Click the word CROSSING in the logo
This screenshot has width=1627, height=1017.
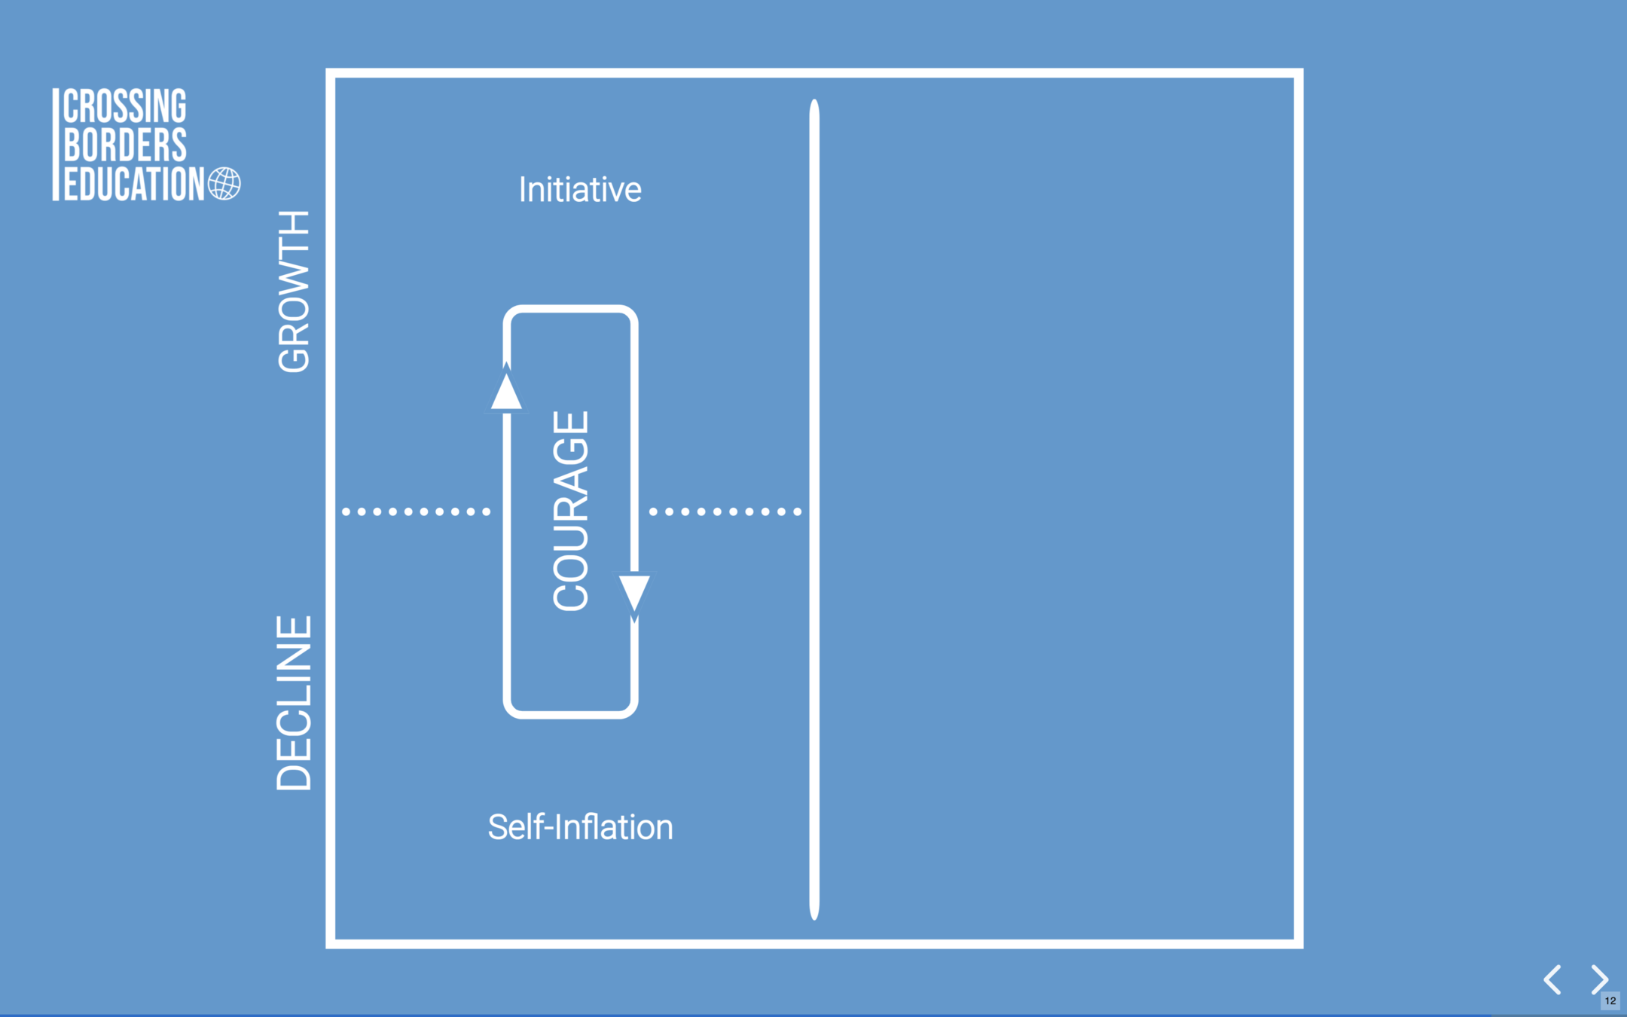click(124, 106)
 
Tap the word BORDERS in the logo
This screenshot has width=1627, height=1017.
click(124, 145)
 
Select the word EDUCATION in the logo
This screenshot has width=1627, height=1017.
click(133, 184)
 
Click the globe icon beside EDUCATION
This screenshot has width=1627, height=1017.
click(224, 184)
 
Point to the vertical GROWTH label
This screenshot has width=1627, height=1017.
click(294, 292)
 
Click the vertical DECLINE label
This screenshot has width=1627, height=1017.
click(294, 703)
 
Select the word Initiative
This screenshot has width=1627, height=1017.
click(580, 190)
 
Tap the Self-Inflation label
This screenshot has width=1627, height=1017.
click(580, 827)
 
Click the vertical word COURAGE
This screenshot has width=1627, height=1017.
click(570, 511)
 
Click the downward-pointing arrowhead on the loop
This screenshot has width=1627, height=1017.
click(634, 592)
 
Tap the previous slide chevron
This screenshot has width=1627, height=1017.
click(1552, 979)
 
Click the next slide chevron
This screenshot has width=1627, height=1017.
click(1599, 979)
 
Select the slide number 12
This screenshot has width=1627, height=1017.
click(1610, 1001)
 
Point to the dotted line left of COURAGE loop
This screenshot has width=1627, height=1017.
click(416, 512)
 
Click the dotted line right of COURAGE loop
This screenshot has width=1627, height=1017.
click(725, 512)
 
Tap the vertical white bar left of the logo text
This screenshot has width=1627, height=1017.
click(56, 145)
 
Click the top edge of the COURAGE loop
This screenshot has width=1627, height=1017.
click(570, 310)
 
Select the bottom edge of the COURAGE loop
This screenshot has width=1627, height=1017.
click(570, 713)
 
